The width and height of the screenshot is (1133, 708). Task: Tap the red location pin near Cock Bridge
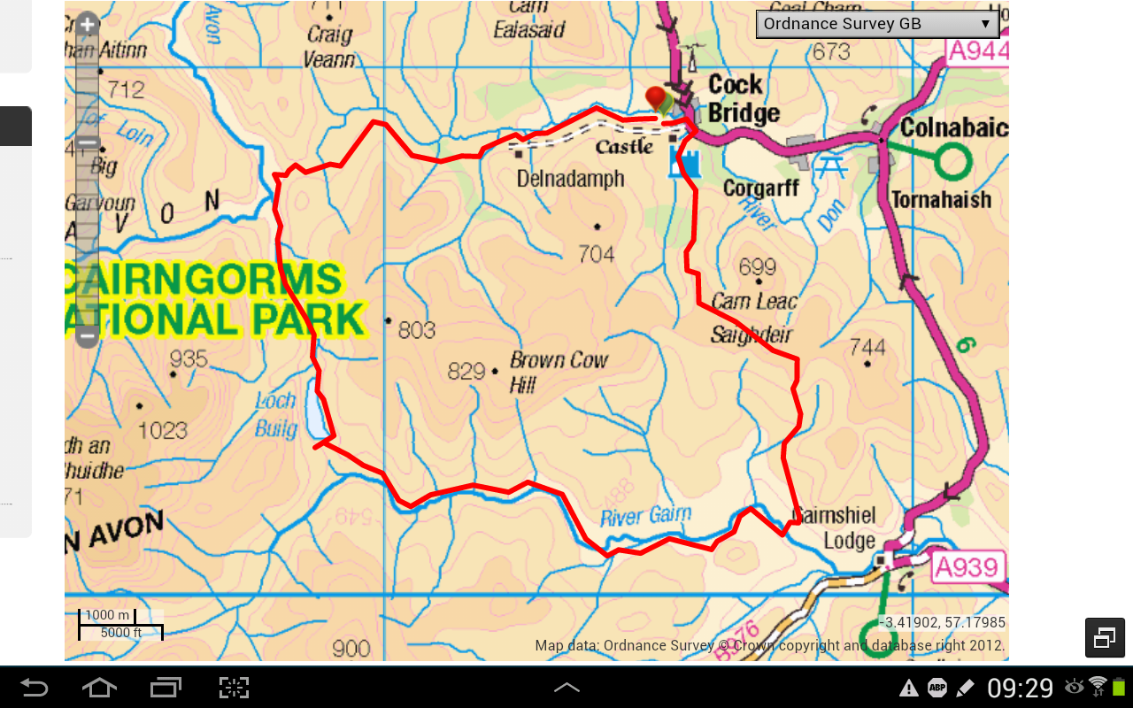[656, 97]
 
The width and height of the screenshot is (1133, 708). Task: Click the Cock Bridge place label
[743, 99]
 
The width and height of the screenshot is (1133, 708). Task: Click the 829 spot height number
[466, 372]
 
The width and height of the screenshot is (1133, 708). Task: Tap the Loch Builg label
[276, 414]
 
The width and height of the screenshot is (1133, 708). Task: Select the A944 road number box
[977, 50]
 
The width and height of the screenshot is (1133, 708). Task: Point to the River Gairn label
[645, 516]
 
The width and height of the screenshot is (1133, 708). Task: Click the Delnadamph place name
[570, 180]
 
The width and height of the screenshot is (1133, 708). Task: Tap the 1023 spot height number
[162, 431]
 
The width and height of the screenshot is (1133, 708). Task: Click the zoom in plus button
[87, 25]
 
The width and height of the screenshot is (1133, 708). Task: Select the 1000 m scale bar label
[107, 615]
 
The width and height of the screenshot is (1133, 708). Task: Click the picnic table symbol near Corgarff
[830, 165]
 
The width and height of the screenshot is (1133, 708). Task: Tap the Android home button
[98, 688]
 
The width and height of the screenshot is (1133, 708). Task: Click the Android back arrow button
[35, 688]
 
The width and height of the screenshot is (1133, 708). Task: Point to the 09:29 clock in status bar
[1021, 688]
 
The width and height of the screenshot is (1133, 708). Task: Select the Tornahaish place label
[941, 200]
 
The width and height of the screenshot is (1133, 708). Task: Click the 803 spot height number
[416, 330]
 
